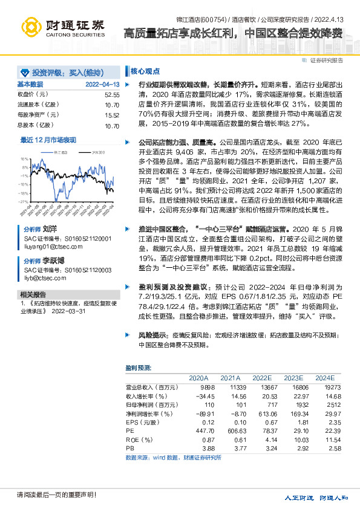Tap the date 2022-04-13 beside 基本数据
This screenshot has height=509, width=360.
(x=102, y=85)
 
